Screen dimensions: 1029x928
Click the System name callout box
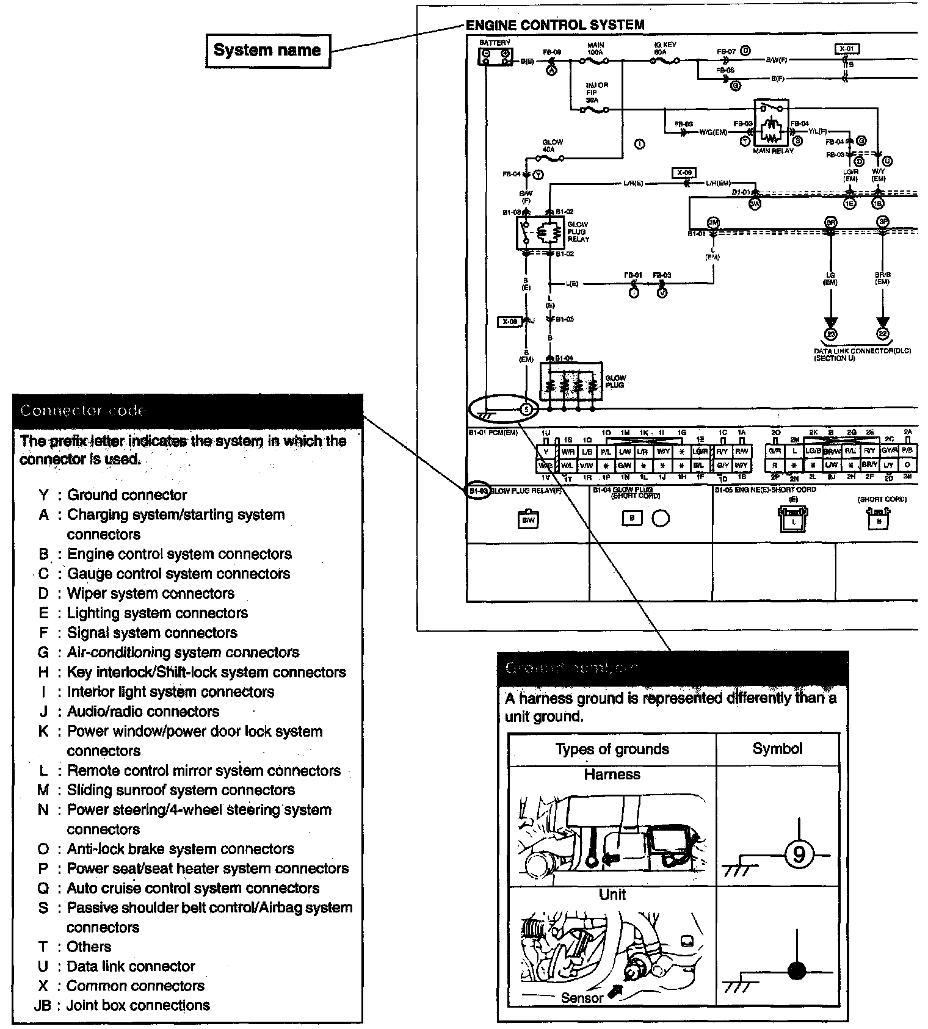pos(267,51)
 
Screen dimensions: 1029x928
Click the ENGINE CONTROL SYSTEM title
pos(555,25)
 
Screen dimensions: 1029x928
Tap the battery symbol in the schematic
pos(495,57)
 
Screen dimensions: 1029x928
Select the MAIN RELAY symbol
pos(772,125)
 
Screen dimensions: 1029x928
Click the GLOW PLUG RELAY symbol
pos(540,233)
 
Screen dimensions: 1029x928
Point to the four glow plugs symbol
pos(570,381)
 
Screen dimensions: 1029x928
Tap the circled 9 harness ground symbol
pos(798,854)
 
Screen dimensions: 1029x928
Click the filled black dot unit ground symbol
pos(797,970)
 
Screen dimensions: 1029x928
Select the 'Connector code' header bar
pos(187,411)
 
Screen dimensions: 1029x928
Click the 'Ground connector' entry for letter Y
pos(127,495)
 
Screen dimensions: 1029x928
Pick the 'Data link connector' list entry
pos(131,966)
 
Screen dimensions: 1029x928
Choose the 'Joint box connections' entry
pos(138,1005)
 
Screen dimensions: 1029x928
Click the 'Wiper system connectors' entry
pos(150,593)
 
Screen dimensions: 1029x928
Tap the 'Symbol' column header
pos(777,748)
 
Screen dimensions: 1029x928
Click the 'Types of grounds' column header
pos(612,749)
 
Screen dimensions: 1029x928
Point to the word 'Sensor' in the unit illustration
pos(582,998)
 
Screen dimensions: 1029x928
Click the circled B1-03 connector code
pos(478,491)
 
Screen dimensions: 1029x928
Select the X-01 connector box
pos(846,49)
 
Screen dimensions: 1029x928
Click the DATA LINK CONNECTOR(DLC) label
pos(862,352)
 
